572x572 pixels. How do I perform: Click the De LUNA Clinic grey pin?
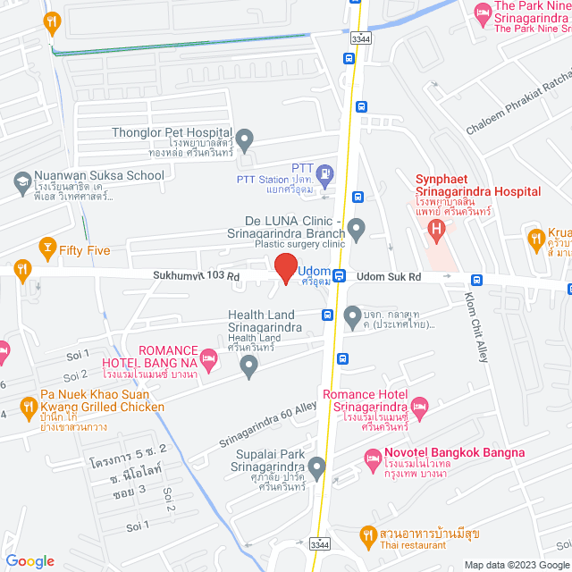tap(357, 230)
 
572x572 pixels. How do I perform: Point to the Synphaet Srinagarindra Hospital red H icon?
tap(437, 231)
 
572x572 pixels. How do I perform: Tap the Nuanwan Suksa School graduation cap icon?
tap(20, 181)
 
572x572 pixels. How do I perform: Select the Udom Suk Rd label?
tap(389, 277)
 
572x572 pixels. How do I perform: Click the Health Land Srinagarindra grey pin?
tap(249, 364)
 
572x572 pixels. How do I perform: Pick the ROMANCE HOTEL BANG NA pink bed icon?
tap(208, 359)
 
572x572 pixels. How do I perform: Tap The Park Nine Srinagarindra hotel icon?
tap(483, 12)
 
